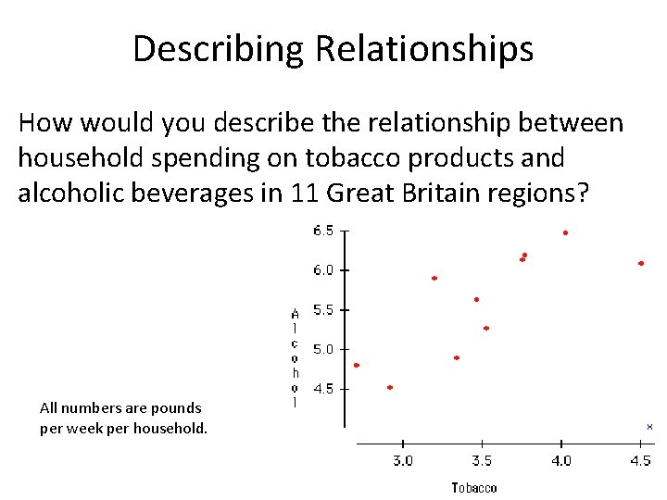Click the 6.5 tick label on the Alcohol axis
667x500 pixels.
323,231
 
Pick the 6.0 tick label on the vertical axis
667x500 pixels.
323,270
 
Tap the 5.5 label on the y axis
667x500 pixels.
323,310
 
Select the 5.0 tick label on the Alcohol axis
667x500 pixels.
323,350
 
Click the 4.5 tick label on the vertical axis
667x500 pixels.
323,390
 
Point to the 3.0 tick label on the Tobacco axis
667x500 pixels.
403,460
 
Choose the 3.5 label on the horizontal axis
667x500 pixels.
482,460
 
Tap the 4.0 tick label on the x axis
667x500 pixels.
560,460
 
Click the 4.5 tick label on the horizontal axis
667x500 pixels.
640,460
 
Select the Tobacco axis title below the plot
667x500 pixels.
474,488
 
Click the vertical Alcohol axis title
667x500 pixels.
295,357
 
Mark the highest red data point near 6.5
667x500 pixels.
565,233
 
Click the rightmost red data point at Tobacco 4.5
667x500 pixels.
641,264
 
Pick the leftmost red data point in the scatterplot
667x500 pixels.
357,366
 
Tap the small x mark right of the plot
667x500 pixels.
649,427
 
